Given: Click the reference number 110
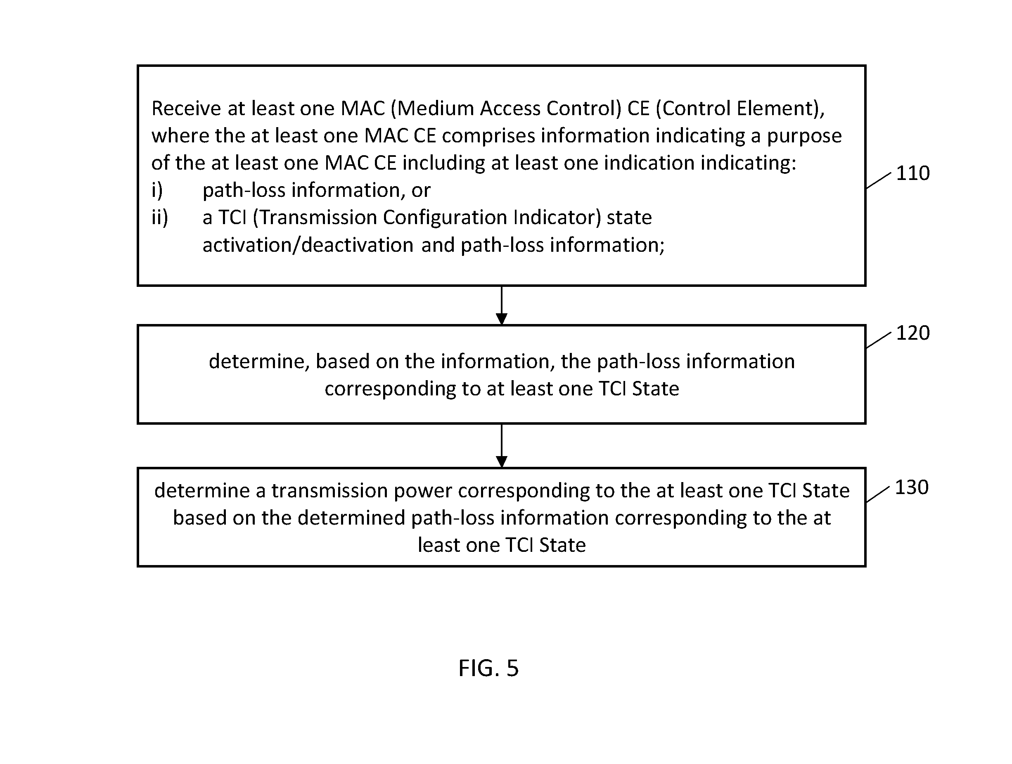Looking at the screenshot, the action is click(x=913, y=173).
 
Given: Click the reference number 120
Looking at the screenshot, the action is click(x=913, y=333).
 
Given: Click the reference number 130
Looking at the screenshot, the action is click(x=911, y=487).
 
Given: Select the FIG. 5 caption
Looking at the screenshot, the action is click(x=488, y=668).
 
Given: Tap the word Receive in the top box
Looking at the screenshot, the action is click(x=187, y=109).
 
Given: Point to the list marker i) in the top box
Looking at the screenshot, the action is click(x=157, y=190).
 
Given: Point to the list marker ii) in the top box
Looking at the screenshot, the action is click(x=160, y=218).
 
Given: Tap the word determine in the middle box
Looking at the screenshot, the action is click(x=259, y=362).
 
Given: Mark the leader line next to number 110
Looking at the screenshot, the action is click(x=878, y=181).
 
